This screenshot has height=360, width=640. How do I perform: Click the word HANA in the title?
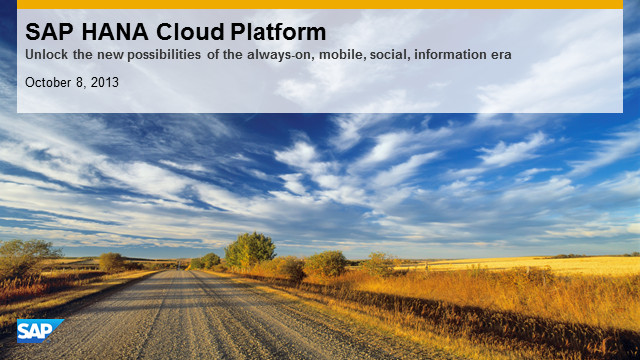[x=115, y=32]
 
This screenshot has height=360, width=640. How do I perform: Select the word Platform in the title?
[x=278, y=32]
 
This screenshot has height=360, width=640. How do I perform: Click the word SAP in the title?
[x=49, y=32]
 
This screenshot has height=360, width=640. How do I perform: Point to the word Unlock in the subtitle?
[x=47, y=54]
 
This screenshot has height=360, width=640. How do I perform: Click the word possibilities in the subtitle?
[x=164, y=55]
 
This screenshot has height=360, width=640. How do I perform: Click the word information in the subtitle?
[x=450, y=54]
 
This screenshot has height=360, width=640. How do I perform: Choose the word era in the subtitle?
[x=501, y=55]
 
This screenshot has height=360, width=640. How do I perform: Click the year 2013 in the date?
[x=104, y=82]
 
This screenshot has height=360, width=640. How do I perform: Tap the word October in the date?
[x=48, y=82]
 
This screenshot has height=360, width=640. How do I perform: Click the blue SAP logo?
[x=40, y=331]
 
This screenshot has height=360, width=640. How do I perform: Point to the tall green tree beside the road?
[x=250, y=250]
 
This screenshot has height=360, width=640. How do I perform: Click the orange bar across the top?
[x=320, y=4]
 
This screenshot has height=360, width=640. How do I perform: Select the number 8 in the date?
[x=80, y=82]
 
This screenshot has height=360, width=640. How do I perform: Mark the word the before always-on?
[x=233, y=54]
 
